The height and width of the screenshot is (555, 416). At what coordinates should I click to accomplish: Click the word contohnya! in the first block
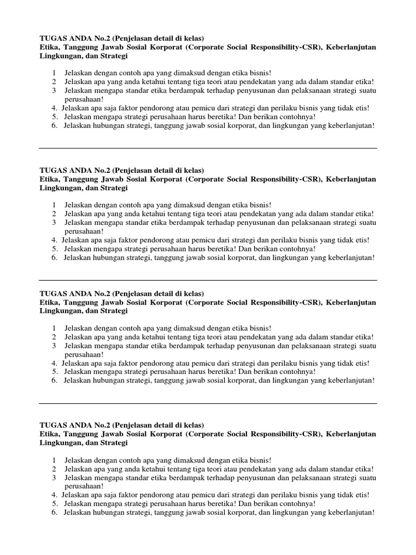296,117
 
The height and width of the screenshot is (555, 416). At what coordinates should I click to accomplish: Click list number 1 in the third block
54,328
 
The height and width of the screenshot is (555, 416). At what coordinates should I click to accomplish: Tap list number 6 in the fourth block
55,512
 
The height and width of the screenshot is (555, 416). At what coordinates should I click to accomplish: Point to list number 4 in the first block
55,108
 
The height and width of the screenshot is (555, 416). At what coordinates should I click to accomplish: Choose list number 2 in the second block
54,214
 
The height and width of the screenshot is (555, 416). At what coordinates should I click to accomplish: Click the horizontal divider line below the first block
208,148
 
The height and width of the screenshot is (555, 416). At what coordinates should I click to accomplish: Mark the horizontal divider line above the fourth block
208,403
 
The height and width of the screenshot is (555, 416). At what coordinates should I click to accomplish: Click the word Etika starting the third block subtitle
49,302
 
